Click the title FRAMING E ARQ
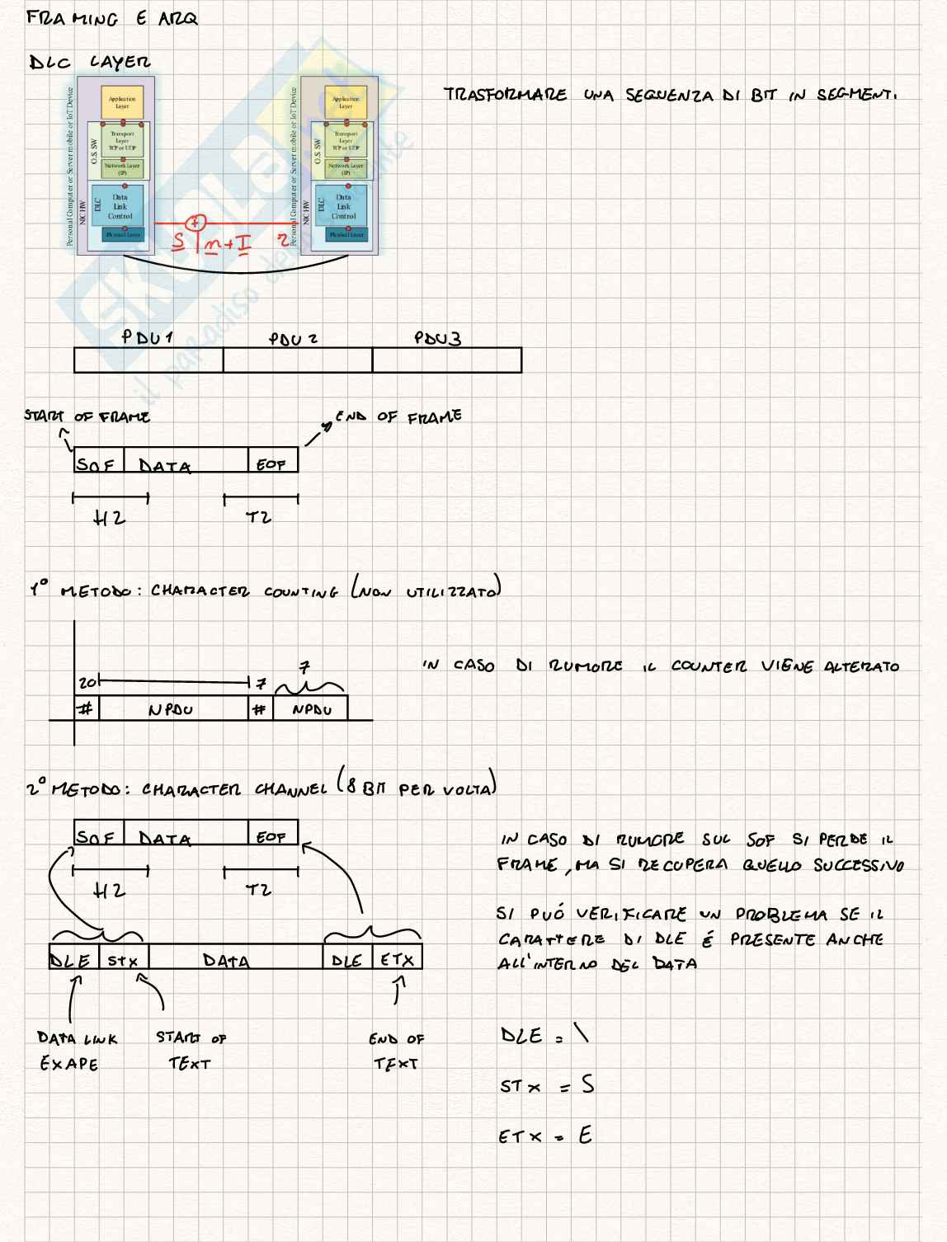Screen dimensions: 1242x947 pyautogui.click(x=112, y=18)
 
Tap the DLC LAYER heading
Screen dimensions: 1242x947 pyautogui.click(x=90, y=63)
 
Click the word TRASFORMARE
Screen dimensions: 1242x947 pyautogui.click(x=505, y=95)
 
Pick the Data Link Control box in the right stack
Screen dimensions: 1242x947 pyautogui.click(x=344, y=206)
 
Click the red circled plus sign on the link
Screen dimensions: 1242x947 pyautogui.click(x=195, y=223)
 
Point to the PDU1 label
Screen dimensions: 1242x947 pyautogui.click(x=147, y=337)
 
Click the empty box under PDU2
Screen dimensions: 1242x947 pyautogui.click(x=297, y=360)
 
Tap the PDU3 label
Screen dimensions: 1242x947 pyautogui.click(x=437, y=338)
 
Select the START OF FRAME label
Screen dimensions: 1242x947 pyautogui.click(x=87, y=416)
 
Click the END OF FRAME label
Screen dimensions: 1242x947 pyautogui.click(x=398, y=416)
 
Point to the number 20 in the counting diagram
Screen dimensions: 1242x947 pyautogui.click(x=87, y=684)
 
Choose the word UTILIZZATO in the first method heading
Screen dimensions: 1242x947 pyautogui.click(x=452, y=591)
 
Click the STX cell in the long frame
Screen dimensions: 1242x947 pyautogui.click(x=124, y=960)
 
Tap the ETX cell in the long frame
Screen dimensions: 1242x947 pyautogui.click(x=398, y=960)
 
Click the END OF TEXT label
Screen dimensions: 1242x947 pyautogui.click(x=397, y=1051)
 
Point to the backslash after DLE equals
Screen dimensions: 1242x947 pyautogui.click(x=582, y=1034)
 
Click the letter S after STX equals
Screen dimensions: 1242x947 pyautogui.click(x=587, y=1084)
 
